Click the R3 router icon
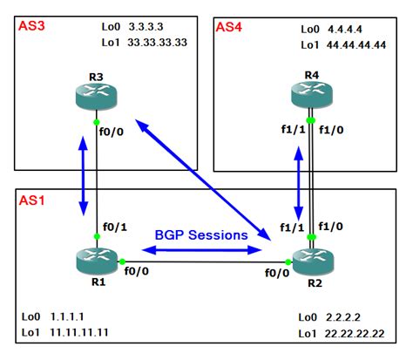tap(96, 96)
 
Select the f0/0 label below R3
tap(116, 134)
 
